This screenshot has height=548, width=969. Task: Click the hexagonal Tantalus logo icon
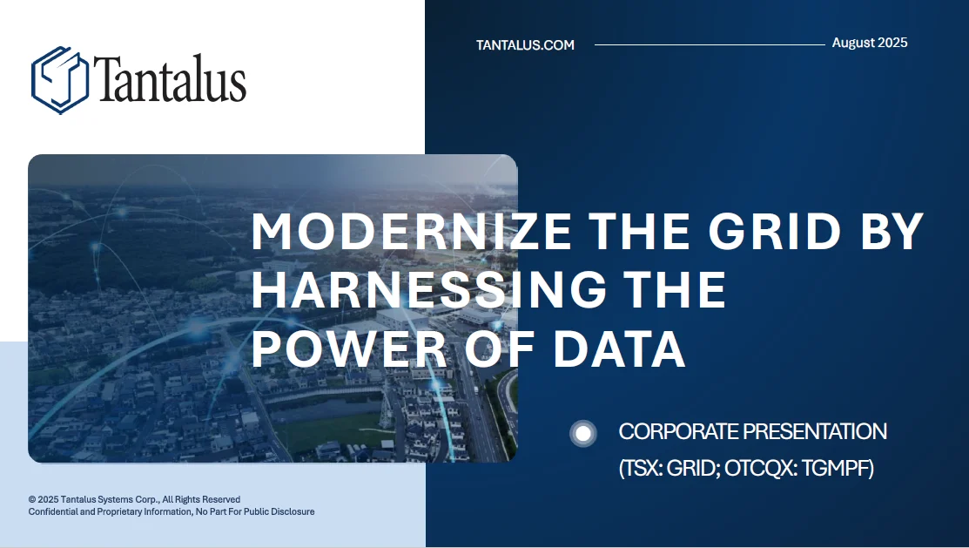pyautogui.click(x=60, y=80)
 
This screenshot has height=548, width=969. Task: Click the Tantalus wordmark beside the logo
pyautogui.click(x=169, y=80)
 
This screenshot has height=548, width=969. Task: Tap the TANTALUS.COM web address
pyautogui.click(x=525, y=45)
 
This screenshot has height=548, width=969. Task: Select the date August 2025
pyautogui.click(x=869, y=43)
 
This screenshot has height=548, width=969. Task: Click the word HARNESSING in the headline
pyautogui.click(x=411, y=290)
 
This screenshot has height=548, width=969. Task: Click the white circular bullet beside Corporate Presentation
pyautogui.click(x=583, y=433)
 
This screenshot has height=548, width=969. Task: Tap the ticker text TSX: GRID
pyautogui.click(x=666, y=469)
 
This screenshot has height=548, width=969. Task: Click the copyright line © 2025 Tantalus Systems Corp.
pyautogui.click(x=134, y=499)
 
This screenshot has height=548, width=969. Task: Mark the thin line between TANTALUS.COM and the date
pyautogui.click(x=709, y=44)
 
